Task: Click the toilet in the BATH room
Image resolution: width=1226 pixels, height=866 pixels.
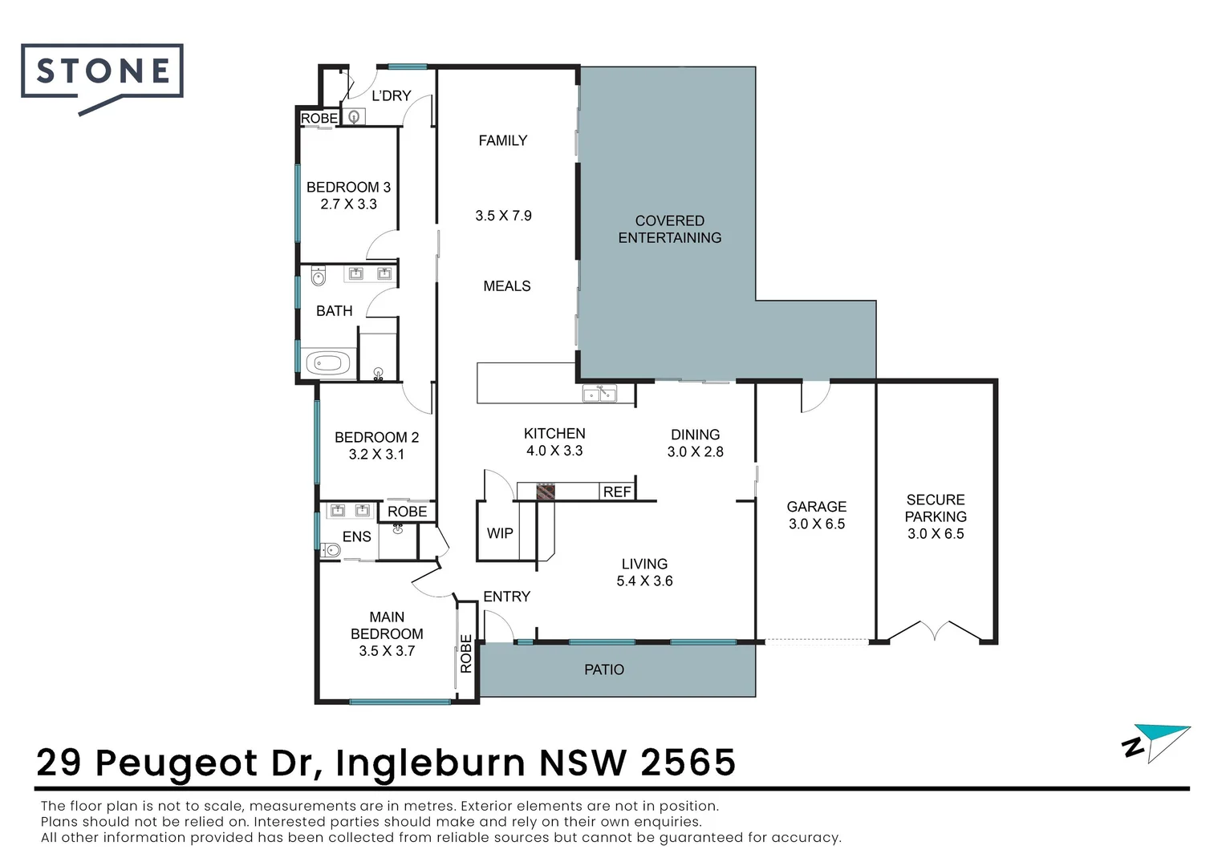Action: click(318, 277)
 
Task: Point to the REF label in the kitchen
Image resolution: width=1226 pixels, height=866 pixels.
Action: click(616, 492)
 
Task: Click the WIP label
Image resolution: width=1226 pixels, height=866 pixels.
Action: click(499, 533)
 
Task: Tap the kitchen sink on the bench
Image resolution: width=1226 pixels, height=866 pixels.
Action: click(599, 394)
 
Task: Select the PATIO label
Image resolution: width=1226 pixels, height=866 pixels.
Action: click(603, 670)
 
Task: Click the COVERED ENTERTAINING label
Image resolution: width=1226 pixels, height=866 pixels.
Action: click(669, 229)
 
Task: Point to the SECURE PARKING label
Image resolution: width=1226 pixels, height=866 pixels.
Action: click(936, 508)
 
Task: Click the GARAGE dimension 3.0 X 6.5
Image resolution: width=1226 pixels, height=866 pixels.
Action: click(816, 524)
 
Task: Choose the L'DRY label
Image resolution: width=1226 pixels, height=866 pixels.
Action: click(391, 95)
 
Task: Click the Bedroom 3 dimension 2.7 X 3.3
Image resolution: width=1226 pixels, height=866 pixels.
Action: click(348, 204)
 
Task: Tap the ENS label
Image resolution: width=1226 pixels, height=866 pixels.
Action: click(356, 536)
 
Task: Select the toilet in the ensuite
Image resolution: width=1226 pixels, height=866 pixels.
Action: click(330, 550)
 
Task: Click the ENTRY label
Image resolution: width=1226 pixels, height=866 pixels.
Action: click(506, 597)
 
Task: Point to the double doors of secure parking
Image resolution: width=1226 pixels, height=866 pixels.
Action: click(935, 631)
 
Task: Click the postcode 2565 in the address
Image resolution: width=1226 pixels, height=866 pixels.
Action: click(688, 763)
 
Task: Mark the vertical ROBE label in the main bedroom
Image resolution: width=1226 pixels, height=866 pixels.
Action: click(466, 654)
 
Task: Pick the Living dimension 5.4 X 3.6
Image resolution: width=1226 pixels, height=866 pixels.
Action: click(644, 581)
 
